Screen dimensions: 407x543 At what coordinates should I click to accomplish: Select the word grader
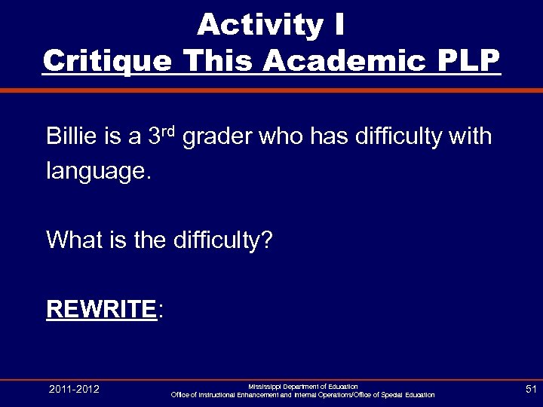[219, 137]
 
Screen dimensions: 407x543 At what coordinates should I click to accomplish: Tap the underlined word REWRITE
[100, 309]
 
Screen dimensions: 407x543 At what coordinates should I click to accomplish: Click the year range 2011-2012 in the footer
[74, 389]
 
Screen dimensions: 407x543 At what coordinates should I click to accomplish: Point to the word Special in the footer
[390, 395]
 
